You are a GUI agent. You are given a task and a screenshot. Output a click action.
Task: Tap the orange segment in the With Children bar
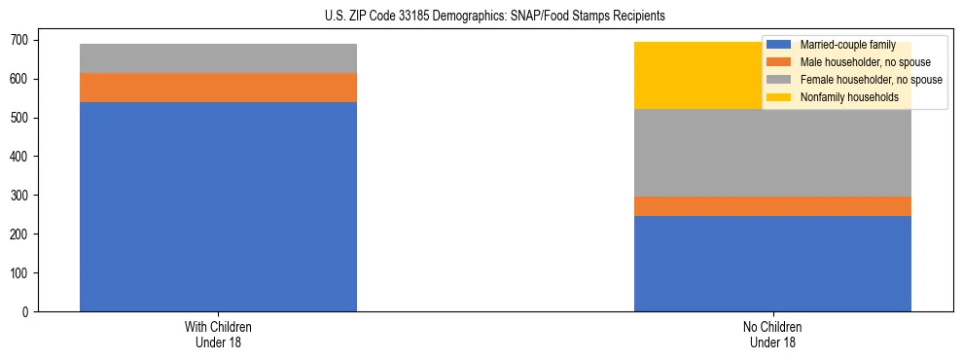(218, 88)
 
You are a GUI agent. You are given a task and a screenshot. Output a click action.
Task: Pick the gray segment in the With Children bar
(218, 58)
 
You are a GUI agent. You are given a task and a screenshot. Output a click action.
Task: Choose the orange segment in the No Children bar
(772, 206)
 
